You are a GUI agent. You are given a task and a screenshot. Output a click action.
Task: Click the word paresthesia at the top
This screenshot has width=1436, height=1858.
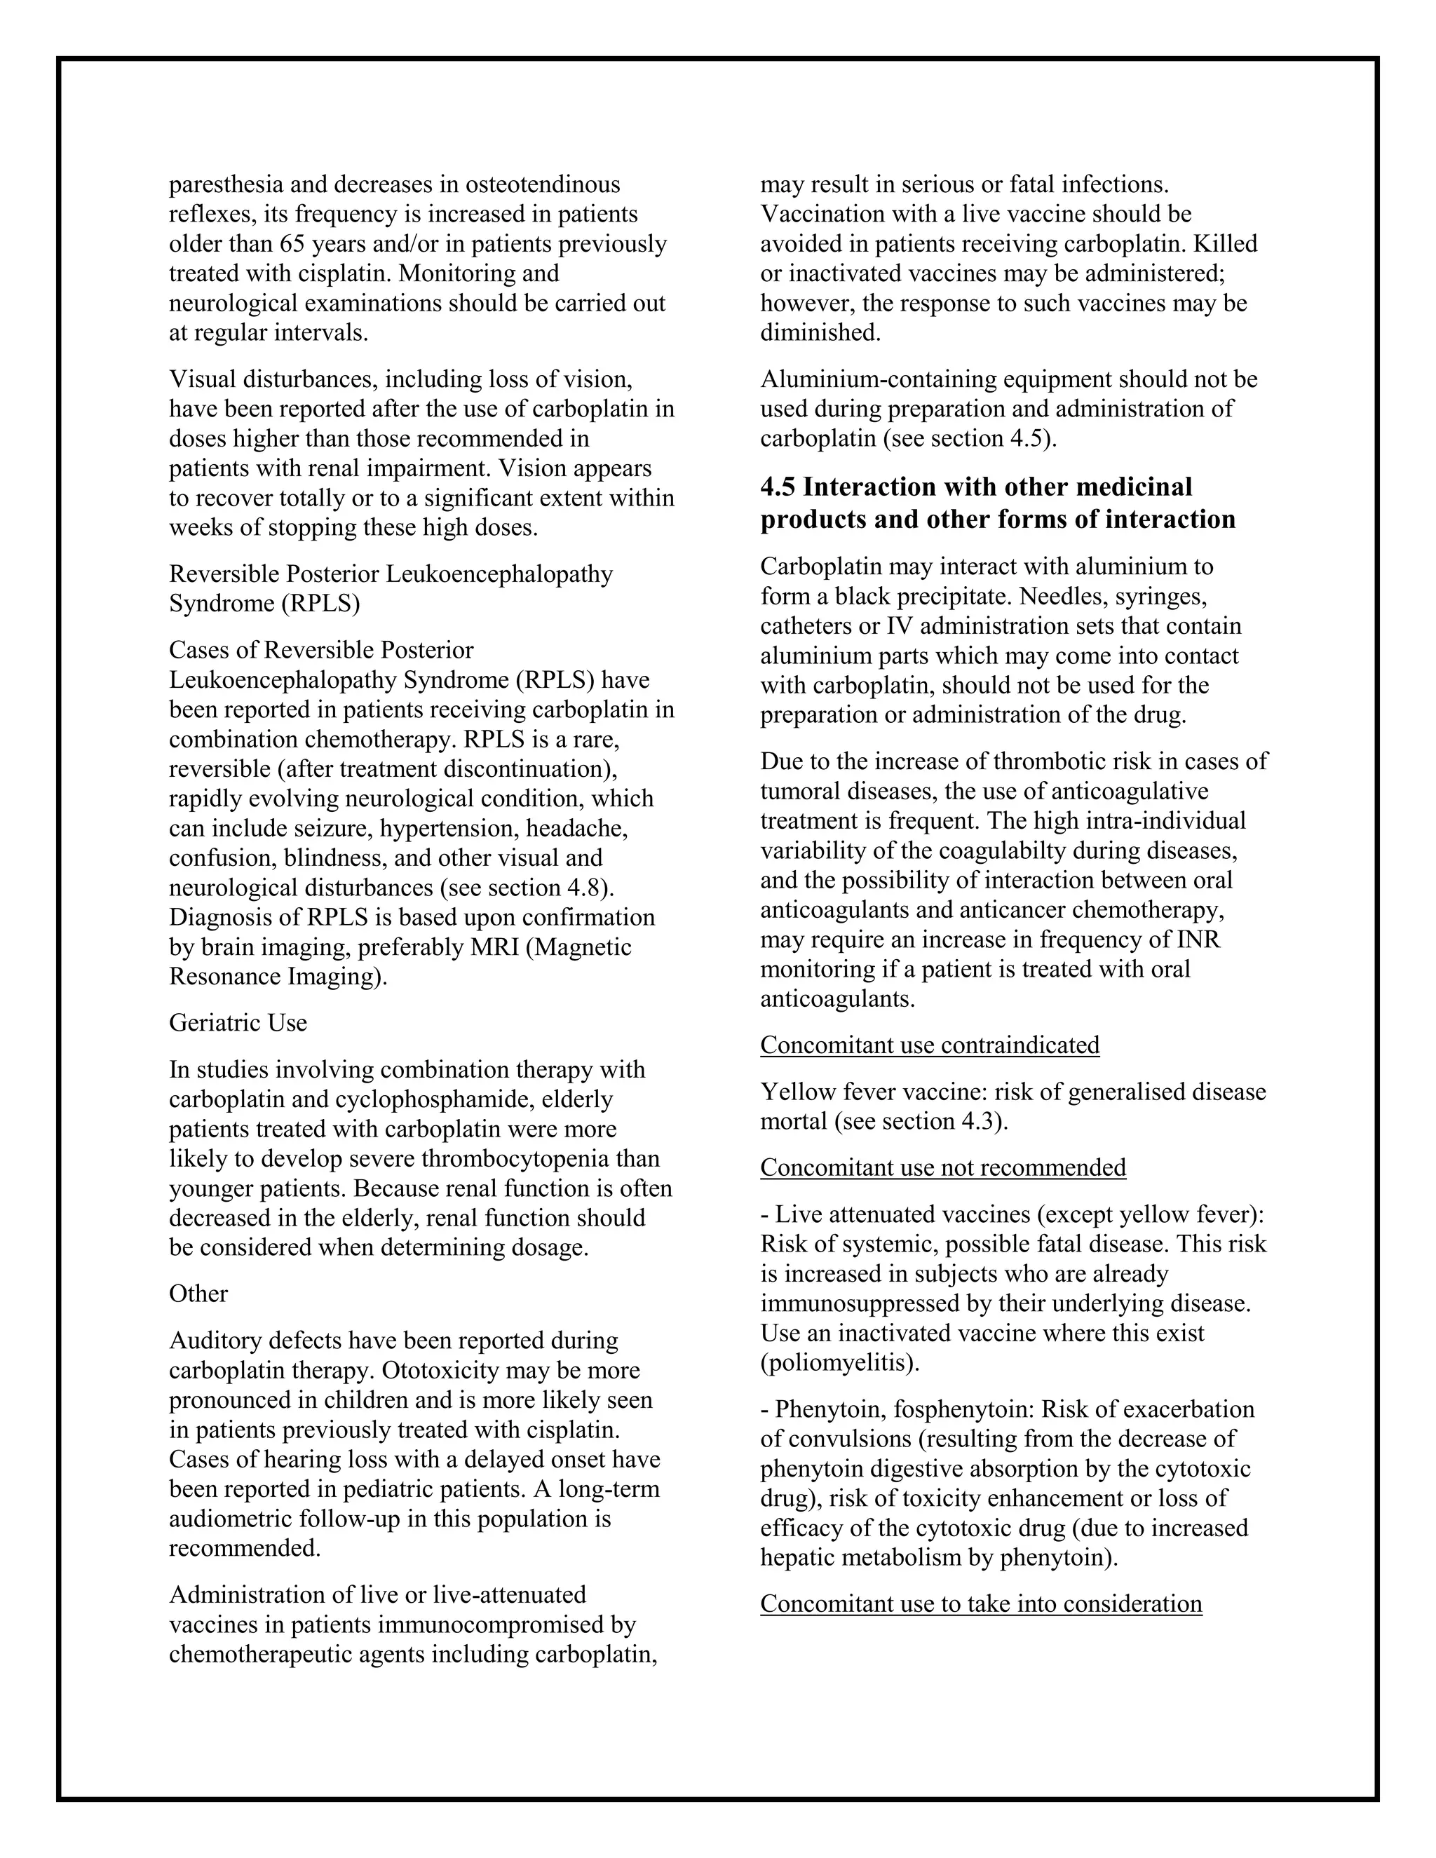[223, 184]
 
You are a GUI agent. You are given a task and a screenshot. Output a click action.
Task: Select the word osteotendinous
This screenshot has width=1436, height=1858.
[541, 184]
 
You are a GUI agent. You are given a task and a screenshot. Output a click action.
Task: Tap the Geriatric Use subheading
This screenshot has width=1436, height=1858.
[238, 1022]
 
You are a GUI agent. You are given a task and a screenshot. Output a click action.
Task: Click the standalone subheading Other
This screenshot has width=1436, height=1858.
[198, 1294]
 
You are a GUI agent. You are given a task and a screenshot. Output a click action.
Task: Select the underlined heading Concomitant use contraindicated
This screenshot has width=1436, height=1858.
[930, 1045]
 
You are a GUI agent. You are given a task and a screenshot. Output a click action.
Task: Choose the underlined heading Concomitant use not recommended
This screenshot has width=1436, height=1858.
[942, 1168]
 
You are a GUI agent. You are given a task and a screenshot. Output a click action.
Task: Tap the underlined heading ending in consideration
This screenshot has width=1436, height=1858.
[981, 1604]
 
